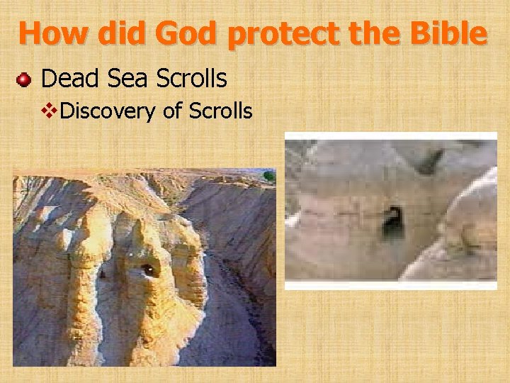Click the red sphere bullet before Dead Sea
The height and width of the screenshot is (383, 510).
pos(24,79)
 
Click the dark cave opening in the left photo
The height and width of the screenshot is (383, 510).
pos(147,270)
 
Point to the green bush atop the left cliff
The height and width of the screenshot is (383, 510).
pos(268,175)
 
